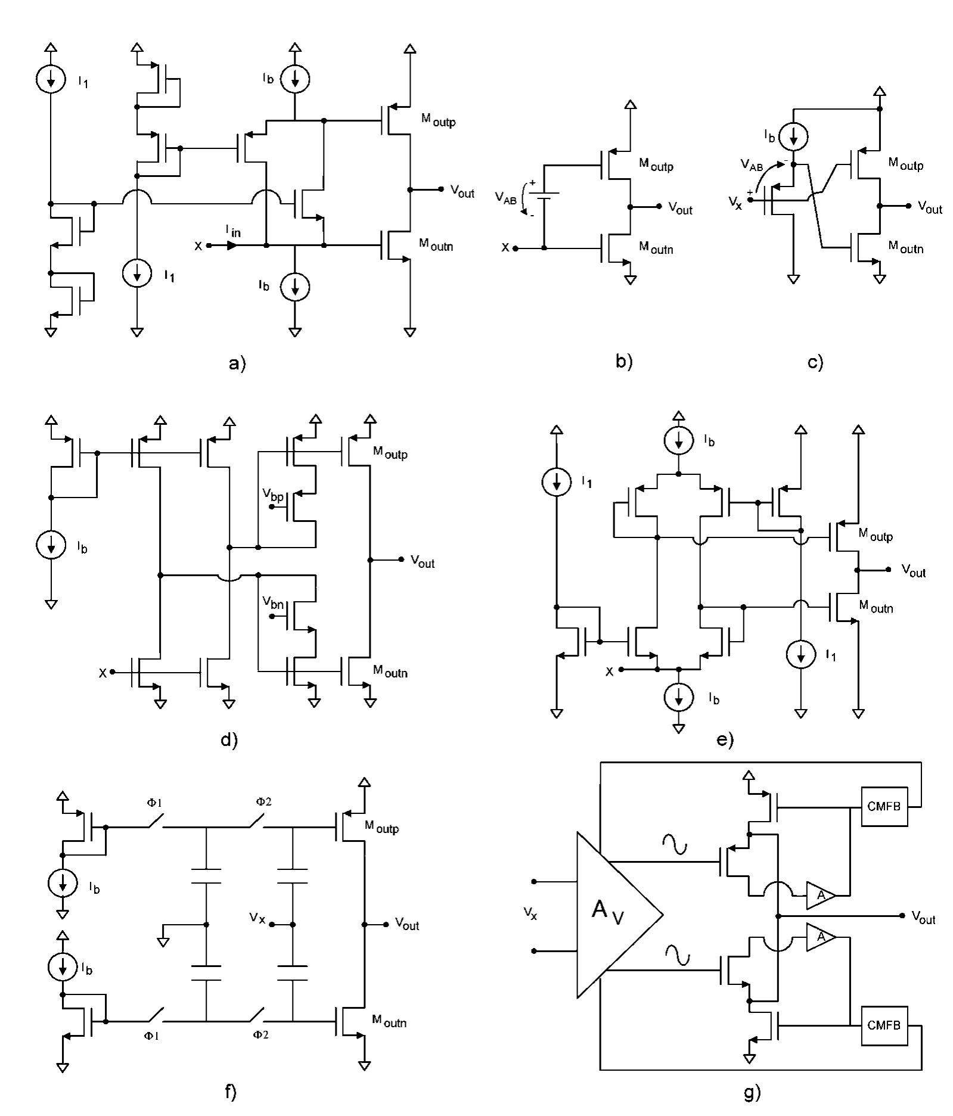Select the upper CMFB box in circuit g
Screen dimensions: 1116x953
point(884,807)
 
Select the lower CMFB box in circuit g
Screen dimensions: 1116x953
point(884,1025)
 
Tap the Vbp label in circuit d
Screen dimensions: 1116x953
point(273,494)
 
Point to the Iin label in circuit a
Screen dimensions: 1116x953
point(233,231)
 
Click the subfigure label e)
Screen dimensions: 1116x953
point(725,740)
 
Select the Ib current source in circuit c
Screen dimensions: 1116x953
point(793,137)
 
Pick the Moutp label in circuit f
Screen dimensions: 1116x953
point(381,827)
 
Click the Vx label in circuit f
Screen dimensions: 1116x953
point(257,918)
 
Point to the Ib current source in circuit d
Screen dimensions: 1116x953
point(51,545)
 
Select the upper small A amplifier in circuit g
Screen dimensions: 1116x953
point(819,896)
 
